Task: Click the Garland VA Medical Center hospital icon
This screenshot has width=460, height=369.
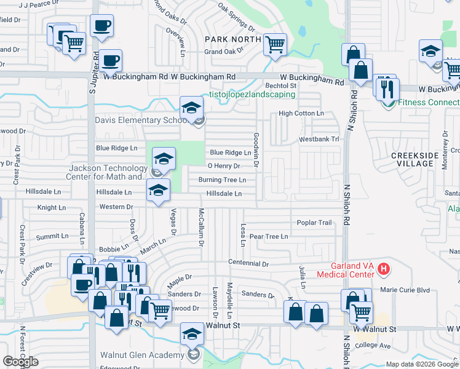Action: tap(384, 269)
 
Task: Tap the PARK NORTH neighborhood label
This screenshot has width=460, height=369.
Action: tap(229, 39)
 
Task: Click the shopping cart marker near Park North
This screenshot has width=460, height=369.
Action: tap(275, 44)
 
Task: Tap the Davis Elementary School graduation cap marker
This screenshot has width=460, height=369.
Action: tap(191, 108)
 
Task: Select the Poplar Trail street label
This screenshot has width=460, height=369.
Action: tap(314, 223)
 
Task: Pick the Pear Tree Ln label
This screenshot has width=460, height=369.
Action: tap(269, 236)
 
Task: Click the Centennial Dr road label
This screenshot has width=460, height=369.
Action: tap(248, 263)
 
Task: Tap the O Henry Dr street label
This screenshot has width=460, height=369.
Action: tap(223, 166)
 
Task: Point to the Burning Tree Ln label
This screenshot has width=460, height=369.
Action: tap(222, 180)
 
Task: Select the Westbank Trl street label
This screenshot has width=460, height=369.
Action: tap(319, 140)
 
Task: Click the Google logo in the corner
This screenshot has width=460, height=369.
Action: tap(20, 362)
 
